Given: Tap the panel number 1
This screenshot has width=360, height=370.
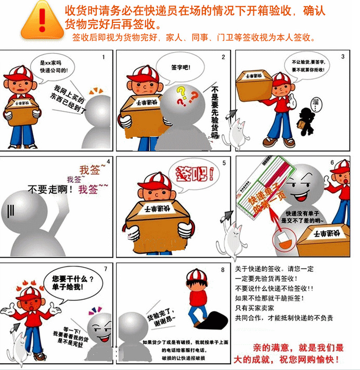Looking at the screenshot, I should point(104,57).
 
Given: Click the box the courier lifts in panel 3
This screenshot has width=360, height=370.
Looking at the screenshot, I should point(254,83).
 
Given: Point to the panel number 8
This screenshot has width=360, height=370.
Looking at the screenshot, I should point(223,270).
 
